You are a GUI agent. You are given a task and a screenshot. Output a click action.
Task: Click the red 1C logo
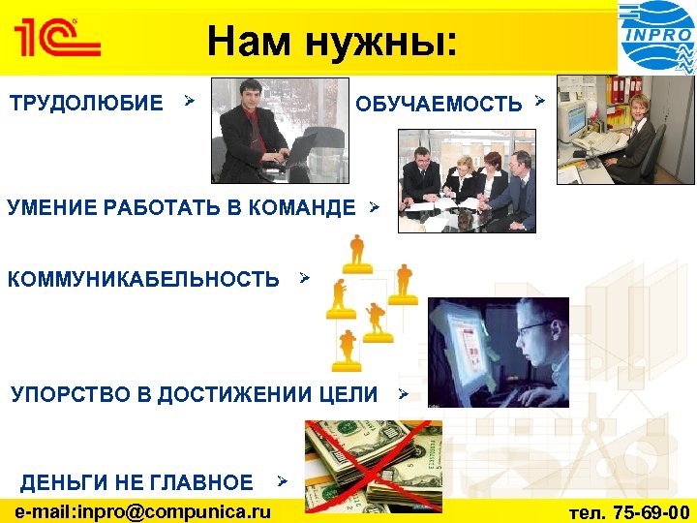pyautogui.click(x=55, y=40)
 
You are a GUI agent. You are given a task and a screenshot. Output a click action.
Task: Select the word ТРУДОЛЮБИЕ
pyautogui.click(x=86, y=103)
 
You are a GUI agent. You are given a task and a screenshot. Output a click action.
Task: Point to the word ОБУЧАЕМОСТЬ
pyautogui.click(x=439, y=104)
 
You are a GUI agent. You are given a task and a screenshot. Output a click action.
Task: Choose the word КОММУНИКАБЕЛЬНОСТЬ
pyautogui.click(x=143, y=280)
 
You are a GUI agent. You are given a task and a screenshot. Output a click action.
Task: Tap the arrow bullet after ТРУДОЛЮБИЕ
pyautogui.click(x=190, y=100)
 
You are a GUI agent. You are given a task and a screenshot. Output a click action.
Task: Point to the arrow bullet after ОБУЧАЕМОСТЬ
pyautogui.click(x=539, y=101)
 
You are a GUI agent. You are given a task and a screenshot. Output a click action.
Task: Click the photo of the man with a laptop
pyautogui.click(x=280, y=131)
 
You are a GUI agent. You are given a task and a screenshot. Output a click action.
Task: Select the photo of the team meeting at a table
pyautogui.click(x=466, y=181)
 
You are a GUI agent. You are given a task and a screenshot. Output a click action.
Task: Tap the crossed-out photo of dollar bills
pyautogui.click(x=373, y=466)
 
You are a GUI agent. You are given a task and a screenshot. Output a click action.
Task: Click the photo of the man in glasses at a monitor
pyautogui.click(x=499, y=352)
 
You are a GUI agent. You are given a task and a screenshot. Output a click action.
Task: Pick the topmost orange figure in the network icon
pyautogui.click(x=357, y=251)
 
